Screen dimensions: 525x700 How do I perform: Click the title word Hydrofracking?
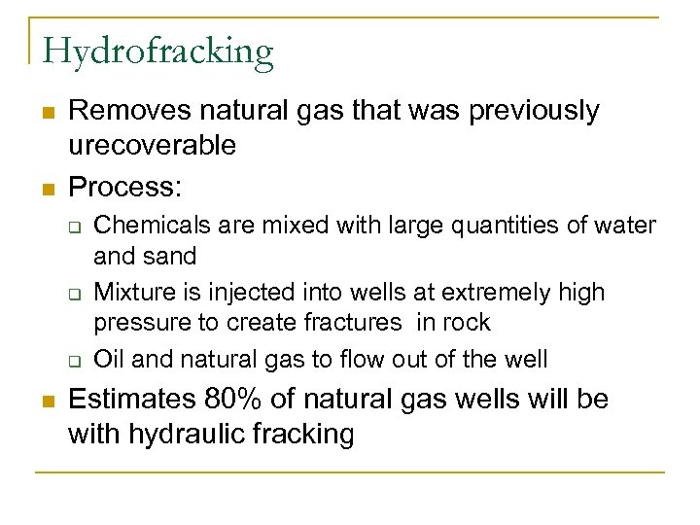click(x=157, y=51)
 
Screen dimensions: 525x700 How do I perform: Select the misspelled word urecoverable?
click(x=152, y=145)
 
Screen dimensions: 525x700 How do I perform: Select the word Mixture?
click(x=132, y=293)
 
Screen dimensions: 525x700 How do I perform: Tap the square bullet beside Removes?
click(x=47, y=113)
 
